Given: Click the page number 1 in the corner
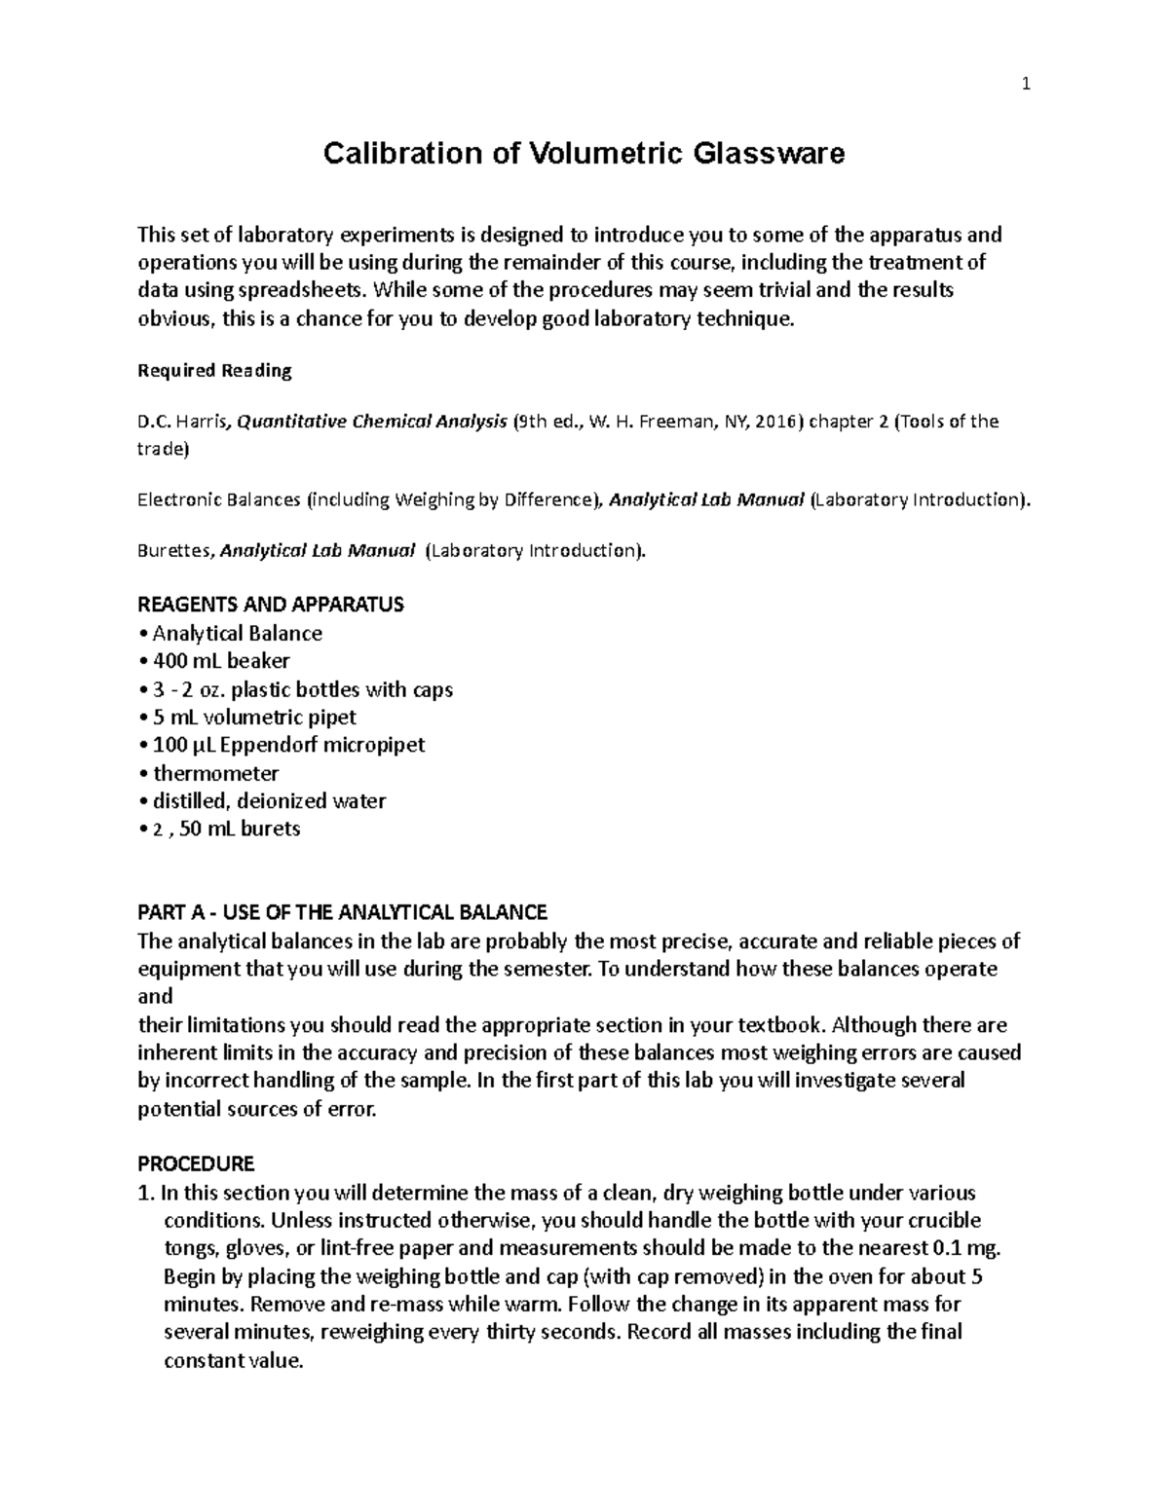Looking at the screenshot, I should pos(1025,86).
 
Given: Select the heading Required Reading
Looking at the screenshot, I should pos(214,371).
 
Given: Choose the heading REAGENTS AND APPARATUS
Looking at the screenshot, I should pos(270,605).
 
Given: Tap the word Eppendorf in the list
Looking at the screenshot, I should pos(282,746).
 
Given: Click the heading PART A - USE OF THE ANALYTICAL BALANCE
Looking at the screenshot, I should pos(342,913).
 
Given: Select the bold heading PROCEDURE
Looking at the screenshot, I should pos(196,1164).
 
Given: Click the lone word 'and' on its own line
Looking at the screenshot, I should pos(155,997).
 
